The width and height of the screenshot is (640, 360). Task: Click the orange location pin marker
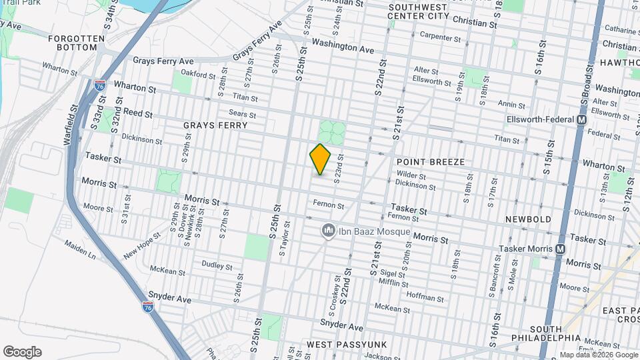point(321,159)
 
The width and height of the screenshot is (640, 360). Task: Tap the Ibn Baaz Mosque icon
point(328,231)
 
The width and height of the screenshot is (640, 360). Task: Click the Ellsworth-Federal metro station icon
point(581,120)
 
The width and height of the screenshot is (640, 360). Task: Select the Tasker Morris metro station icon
point(560,249)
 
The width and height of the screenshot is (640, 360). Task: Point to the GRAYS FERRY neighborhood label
point(215,125)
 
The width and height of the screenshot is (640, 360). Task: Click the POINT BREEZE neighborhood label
point(430,162)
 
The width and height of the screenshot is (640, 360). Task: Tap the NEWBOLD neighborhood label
point(528,219)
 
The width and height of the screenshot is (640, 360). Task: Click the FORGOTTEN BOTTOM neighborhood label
point(77,43)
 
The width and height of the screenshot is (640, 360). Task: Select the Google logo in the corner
point(22,352)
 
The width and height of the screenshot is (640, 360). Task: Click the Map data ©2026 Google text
point(598,355)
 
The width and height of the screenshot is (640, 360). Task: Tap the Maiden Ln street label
point(81,252)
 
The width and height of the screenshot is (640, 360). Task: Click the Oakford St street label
point(195,73)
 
